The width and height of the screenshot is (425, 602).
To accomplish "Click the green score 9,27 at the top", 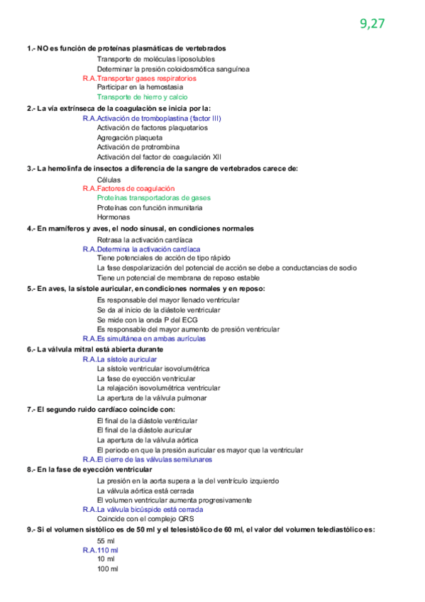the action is click(x=372, y=23).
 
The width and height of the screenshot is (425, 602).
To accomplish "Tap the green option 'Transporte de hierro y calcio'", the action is click(x=143, y=97).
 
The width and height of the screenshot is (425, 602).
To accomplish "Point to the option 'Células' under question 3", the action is click(x=109, y=180).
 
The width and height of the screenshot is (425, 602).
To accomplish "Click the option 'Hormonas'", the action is click(x=113, y=217).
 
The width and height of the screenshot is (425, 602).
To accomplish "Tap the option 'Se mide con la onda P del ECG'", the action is click(x=148, y=319).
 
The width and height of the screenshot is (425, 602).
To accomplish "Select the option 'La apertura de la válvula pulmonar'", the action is click(x=152, y=398).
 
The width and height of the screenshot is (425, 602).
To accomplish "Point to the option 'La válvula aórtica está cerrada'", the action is click(x=145, y=491).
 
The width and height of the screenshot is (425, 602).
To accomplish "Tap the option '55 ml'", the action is click(x=106, y=541).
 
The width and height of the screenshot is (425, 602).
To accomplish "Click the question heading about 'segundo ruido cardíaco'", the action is click(x=101, y=410).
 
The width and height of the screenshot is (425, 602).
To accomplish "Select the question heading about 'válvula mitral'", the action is click(x=95, y=349).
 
